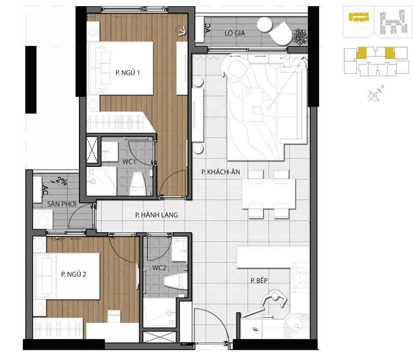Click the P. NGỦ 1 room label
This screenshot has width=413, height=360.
(127, 72)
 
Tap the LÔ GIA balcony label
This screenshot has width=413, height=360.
(235, 33)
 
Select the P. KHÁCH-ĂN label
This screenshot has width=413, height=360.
(221, 172)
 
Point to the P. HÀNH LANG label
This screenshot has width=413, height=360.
(156, 215)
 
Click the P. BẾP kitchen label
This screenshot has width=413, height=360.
(259, 281)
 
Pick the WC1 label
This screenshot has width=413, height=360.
(129, 162)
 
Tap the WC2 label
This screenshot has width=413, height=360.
(159, 268)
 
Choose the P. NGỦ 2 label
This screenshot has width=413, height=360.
(73, 274)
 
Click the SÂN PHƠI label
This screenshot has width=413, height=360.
(62, 204)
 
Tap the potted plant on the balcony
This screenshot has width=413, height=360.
(300, 36)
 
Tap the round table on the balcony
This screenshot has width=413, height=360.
(264, 25)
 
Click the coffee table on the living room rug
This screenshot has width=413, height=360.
(253, 104)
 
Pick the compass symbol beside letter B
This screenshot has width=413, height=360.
(374, 95)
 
